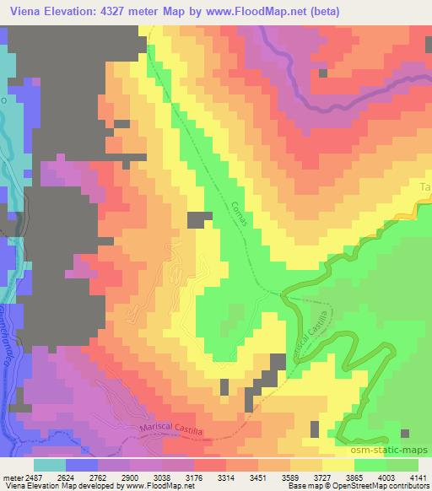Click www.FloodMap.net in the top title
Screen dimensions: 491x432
pyautogui.click(x=283, y=11)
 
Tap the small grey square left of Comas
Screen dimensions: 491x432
pyautogui.click(x=199, y=219)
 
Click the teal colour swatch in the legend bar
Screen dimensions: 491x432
pyautogui.click(x=50, y=463)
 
